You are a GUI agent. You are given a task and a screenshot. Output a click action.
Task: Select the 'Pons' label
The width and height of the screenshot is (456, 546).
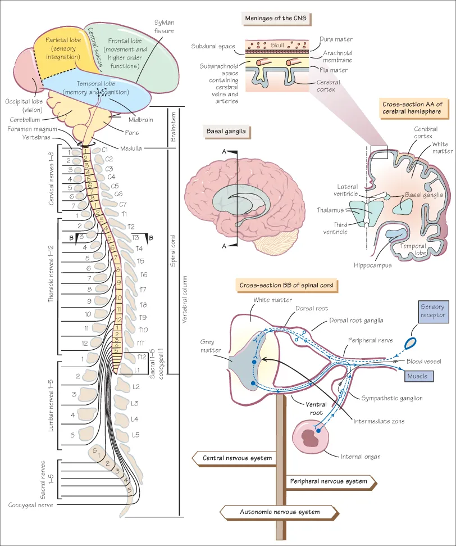tap(132, 133)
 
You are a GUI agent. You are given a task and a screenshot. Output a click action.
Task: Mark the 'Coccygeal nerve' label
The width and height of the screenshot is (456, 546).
tap(31, 505)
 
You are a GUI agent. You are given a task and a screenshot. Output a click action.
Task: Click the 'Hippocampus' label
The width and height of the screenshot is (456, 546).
tap(373, 265)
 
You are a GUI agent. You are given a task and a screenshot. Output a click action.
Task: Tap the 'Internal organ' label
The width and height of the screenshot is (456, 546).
tap(361, 457)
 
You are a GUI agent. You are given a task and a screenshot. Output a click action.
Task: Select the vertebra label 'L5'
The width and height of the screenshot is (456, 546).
tap(135, 435)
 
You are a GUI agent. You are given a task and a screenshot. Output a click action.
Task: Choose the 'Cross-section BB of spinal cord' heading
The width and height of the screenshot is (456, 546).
tap(286, 286)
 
